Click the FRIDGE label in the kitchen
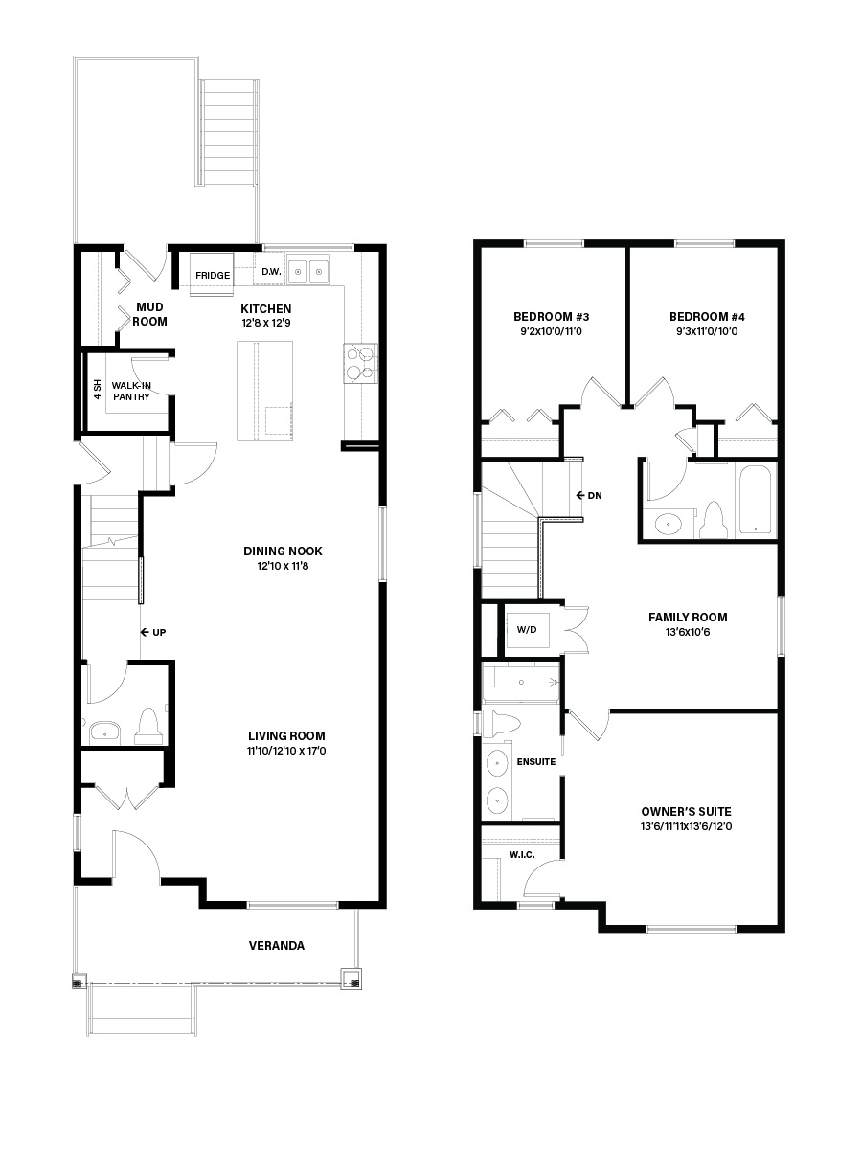213,276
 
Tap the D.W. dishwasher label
271,272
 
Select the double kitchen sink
309,273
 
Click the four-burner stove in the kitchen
360,363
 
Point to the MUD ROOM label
150,314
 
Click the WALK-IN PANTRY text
131,391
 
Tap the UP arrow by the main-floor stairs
153,633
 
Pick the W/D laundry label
528,630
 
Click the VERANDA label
277,946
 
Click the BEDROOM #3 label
551,317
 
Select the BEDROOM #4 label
707,317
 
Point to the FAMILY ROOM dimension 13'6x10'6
687,633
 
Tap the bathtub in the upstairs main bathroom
756,500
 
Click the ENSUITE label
536,762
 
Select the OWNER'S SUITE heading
686,811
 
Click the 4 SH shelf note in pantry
97,392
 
